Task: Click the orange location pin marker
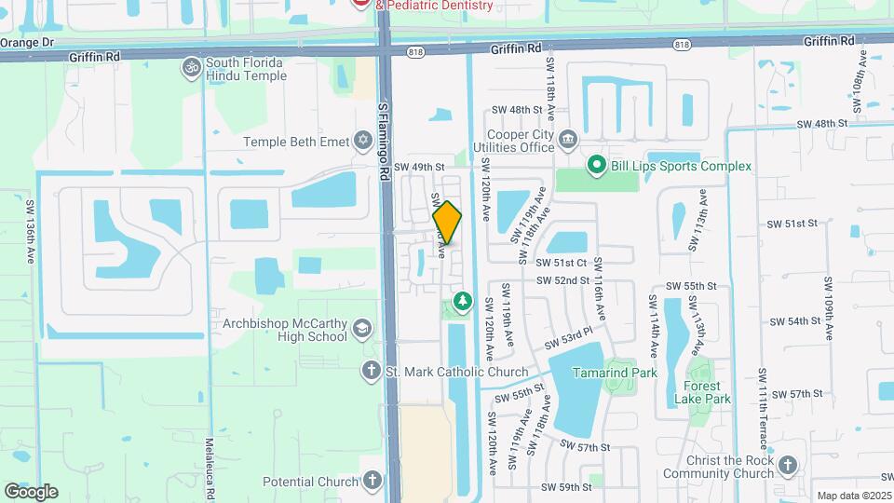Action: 447,223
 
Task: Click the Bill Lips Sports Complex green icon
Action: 596,166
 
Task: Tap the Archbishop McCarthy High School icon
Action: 360,328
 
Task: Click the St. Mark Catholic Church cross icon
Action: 371,372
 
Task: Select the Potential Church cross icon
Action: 372,482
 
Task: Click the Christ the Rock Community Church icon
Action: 787,465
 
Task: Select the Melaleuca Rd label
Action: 210,467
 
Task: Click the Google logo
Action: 31,491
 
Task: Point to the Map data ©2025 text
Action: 852,496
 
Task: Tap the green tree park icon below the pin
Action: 461,301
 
